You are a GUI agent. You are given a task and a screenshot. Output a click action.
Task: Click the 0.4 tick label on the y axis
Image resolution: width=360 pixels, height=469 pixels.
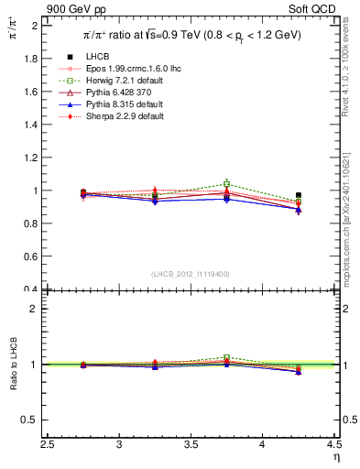[x=31, y=289]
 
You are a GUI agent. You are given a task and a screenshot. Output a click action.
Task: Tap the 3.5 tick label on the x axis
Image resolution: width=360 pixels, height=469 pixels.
[x=191, y=444]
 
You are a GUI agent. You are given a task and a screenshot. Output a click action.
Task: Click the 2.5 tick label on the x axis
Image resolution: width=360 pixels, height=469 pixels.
[x=49, y=444]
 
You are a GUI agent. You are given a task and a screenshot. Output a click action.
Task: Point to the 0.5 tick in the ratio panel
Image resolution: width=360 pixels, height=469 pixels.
[x=31, y=420]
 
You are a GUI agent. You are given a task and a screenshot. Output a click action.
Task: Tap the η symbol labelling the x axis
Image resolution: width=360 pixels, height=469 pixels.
[x=334, y=456]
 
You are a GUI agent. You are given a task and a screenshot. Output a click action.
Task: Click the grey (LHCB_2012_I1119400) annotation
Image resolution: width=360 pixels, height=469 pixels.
[x=191, y=274]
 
